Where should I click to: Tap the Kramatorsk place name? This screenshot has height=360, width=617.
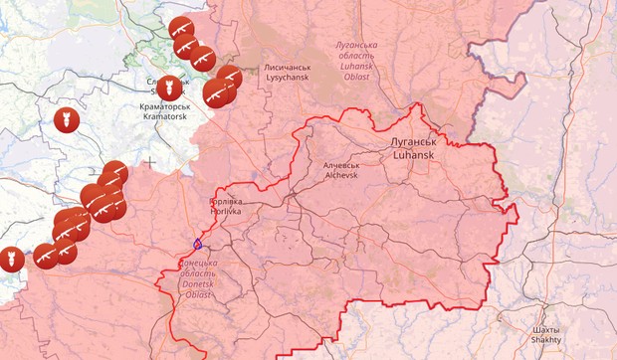point(165,116)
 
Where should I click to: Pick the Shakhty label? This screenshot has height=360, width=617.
point(545,339)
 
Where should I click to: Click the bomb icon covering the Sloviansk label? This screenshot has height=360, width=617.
point(169,88)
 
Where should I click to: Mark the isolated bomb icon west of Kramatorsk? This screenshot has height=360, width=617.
point(66,120)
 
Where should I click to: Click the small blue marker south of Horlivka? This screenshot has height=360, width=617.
point(197,243)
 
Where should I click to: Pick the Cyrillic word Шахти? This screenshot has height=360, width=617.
point(545,328)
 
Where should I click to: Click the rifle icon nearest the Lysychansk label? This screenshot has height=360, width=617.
point(228,79)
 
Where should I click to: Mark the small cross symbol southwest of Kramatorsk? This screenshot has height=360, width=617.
point(150,160)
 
